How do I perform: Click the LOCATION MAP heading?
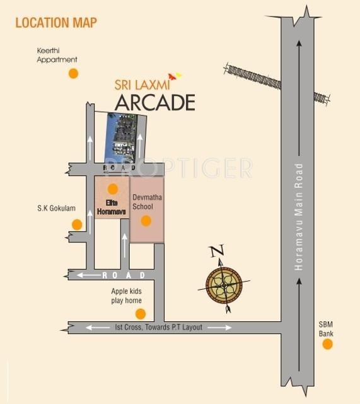click(x=56, y=23)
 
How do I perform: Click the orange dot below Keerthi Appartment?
click(x=73, y=73)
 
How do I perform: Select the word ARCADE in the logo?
click(x=154, y=102)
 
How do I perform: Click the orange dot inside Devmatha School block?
click(x=146, y=221)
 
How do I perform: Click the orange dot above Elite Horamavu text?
click(x=112, y=188)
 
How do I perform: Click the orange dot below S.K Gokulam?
click(x=77, y=224)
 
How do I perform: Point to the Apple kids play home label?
click(x=127, y=296)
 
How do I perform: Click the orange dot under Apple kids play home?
click(x=140, y=314)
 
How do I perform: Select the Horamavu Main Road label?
click(x=299, y=218)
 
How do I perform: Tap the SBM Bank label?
click(x=327, y=328)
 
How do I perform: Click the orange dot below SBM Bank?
click(x=327, y=344)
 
